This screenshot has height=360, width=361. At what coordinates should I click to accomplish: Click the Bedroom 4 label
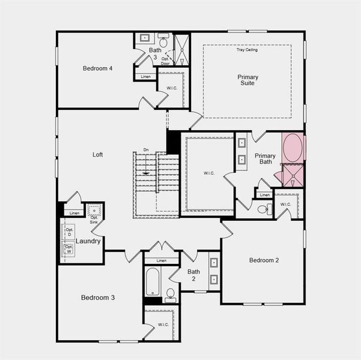click(x=98, y=68)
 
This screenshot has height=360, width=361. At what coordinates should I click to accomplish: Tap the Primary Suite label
click(x=247, y=80)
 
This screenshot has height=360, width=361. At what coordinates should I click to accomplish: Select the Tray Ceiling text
click(x=247, y=50)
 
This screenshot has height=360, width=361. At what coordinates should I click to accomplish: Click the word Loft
click(x=98, y=154)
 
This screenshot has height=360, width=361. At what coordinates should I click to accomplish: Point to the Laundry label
click(x=88, y=241)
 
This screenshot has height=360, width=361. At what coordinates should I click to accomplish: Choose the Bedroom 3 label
click(x=98, y=298)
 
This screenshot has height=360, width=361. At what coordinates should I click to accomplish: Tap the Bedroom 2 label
click(x=264, y=260)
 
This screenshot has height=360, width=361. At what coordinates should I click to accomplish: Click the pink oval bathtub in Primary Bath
click(x=293, y=148)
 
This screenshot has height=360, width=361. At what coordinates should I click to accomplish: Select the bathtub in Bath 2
click(x=153, y=281)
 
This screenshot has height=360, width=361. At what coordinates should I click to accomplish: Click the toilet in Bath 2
click(x=170, y=294)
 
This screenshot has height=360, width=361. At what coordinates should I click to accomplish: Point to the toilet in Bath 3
click(x=163, y=42)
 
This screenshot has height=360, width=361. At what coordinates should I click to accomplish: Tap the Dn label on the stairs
click(x=145, y=150)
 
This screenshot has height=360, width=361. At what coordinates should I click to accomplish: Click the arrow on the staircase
click(x=145, y=173)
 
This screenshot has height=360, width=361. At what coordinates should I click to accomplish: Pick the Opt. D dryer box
click(x=69, y=231)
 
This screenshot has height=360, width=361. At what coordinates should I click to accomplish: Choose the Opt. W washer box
click(x=69, y=248)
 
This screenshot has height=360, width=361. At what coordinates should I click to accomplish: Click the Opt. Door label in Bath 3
click(x=165, y=61)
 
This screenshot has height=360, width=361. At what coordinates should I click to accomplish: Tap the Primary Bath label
click(x=265, y=158)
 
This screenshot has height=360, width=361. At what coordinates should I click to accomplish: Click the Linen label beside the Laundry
click(x=74, y=213)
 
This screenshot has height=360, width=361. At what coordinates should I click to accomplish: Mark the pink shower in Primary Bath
click(x=293, y=175)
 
